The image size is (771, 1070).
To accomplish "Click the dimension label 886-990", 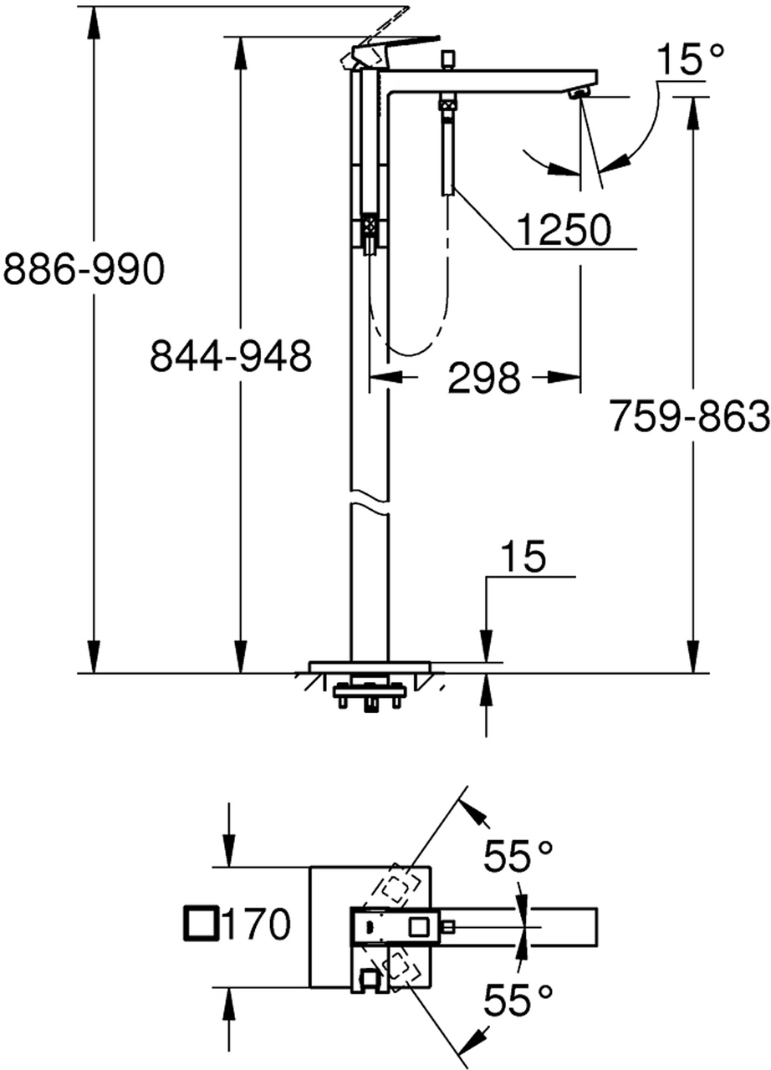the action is [84, 268].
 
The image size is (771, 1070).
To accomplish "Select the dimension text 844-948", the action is [231, 356].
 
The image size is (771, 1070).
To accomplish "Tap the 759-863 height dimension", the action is [690, 415].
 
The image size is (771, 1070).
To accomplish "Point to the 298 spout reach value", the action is [483, 377].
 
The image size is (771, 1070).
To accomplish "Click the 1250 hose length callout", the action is [564, 229].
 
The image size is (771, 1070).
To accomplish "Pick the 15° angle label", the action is [690, 59].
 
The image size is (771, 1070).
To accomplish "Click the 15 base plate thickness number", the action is [523, 557].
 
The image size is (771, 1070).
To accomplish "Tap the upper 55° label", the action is [518, 854].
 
